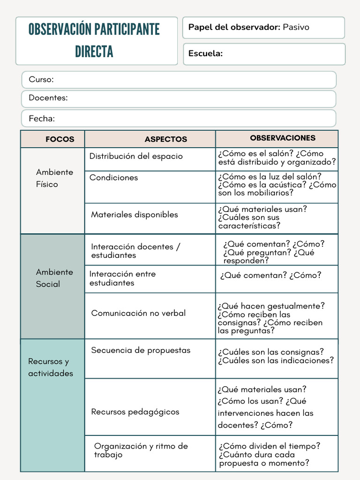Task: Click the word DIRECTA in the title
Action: (94, 52)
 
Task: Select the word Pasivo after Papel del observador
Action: (296, 27)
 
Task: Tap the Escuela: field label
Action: (205, 53)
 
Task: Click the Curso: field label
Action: (41, 80)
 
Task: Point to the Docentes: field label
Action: (48, 98)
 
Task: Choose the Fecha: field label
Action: (42, 118)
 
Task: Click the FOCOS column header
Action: (60, 139)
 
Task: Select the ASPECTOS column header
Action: (165, 139)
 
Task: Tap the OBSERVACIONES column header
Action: (283, 138)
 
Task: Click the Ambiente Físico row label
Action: (54, 178)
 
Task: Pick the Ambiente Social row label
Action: (54, 278)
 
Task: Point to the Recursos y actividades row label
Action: (51, 367)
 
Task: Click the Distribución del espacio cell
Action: (136, 156)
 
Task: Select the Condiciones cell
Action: (113, 178)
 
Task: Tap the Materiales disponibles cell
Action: (135, 215)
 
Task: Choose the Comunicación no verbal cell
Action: (138, 313)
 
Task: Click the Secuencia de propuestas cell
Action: (141, 350)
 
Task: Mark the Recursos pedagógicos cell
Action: (135, 412)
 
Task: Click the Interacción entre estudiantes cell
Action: (122, 278)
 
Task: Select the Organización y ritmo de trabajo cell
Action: (141, 450)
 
